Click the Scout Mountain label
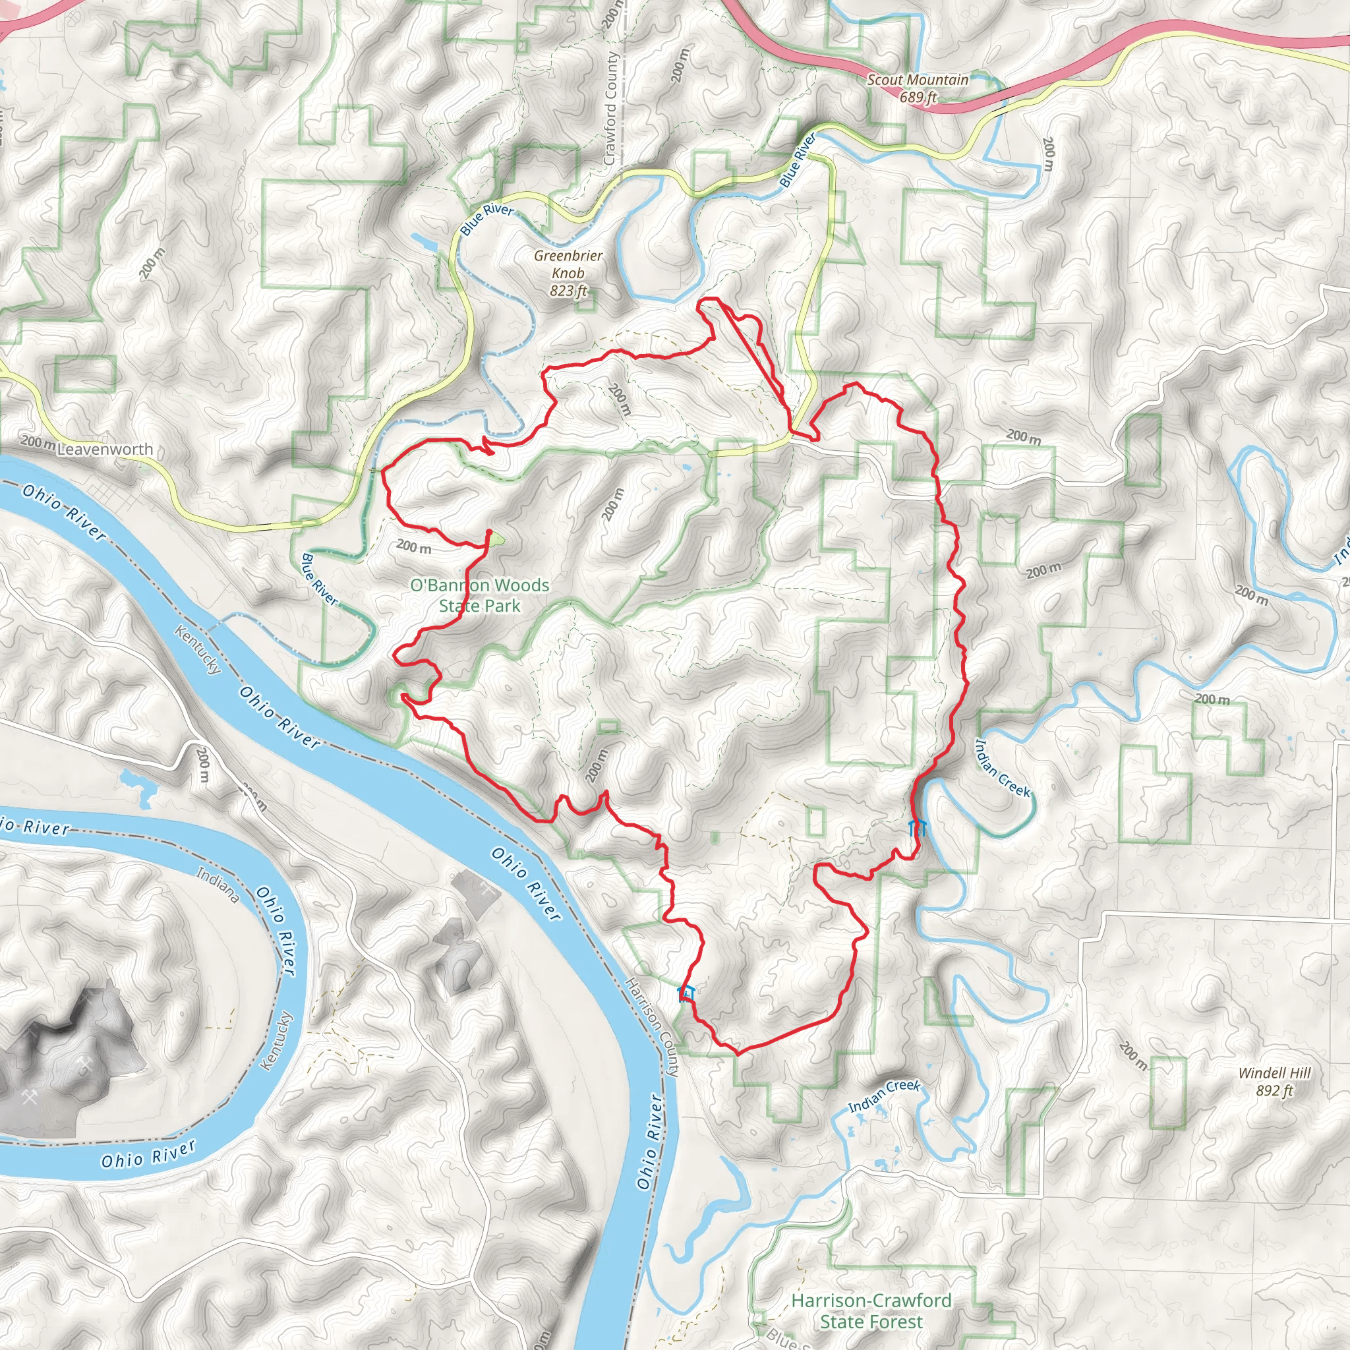(918, 80)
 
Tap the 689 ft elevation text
(918, 97)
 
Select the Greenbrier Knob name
(568, 264)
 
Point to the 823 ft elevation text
(568, 291)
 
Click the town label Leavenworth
(105, 450)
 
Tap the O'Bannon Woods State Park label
(479, 595)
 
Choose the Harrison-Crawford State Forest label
(871, 1311)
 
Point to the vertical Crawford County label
(610, 108)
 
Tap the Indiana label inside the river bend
(218, 884)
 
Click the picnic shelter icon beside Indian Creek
(917, 829)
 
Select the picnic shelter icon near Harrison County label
(686, 993)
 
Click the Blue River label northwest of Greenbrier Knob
(487, 220)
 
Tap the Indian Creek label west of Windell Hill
(884, 1096)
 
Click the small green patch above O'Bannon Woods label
(495, 538)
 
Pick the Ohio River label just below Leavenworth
(65, 512)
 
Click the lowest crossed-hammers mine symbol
(30, 1098)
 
